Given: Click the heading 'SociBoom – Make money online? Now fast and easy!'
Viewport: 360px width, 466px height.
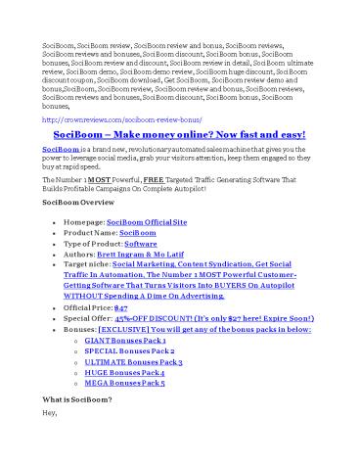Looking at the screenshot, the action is click(179, 133).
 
